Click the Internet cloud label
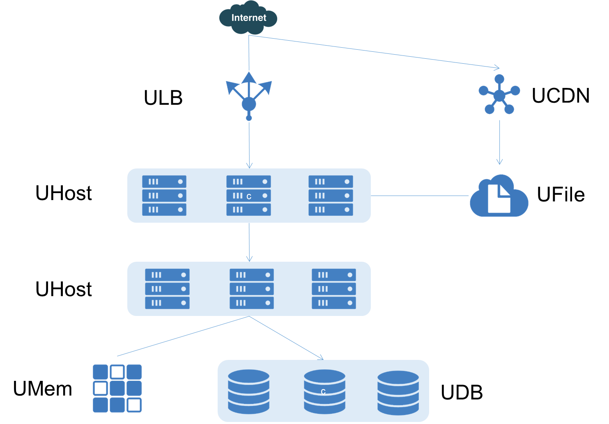point(248,18)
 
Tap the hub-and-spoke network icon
point(499,95)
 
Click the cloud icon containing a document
point(499,196)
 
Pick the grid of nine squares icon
point(117,388)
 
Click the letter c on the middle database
point(323,392)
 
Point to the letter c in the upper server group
point(249,197)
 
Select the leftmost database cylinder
point(248,392)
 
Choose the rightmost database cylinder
point(398,392)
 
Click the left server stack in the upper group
point(164,196)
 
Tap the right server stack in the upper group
point(331,196)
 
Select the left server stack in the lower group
point(167,289)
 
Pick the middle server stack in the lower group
point(252,289)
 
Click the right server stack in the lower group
point(333,289)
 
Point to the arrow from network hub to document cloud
point(499,142)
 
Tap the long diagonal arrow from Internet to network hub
point(374,52)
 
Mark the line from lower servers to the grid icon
point(183,336)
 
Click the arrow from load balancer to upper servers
point(249,144)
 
